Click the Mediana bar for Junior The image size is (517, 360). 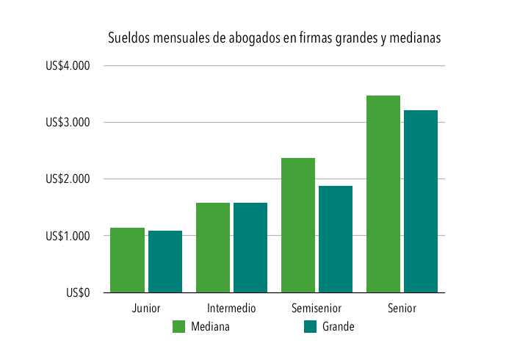[127, 260]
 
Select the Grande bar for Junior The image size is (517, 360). [165, 262]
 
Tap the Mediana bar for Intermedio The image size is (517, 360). [213, 248]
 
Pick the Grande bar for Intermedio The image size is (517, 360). [250, 248]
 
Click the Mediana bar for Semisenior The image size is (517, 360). [298, 225]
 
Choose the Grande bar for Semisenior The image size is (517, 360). [336, 239]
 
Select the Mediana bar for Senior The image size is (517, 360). [383, 194]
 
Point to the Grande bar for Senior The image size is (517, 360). [421, 201]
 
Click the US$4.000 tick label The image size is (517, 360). [68, 66]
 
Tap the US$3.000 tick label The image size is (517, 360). [68, 123]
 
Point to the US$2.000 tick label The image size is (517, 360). [68, 179]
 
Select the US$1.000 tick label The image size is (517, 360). [68, 236]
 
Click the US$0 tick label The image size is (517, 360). [78, 292]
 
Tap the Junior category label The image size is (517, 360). [146, 308]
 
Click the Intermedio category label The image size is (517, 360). [231, 308]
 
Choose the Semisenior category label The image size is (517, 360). [317, 308]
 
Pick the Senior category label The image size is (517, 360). [402, 308]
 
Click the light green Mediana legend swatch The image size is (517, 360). [178, 327]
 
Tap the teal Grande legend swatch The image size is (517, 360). [310, 327]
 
